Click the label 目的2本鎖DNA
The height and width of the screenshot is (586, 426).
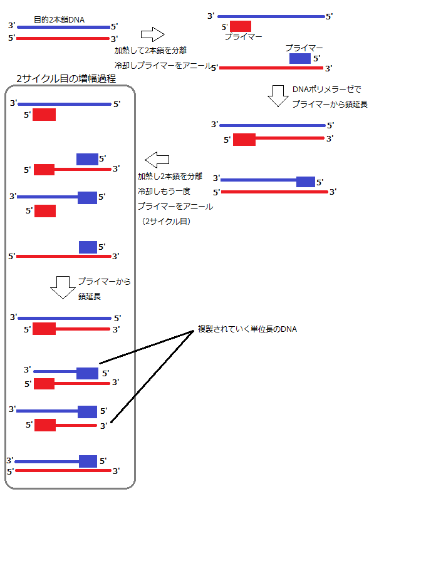tap(59, 20)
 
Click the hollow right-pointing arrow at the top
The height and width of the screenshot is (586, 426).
tap(152, 34)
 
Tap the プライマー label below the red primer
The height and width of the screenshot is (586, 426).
tap(243, 38)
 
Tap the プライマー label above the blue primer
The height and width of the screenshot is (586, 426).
tap(304, 48)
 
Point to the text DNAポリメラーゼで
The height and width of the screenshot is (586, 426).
tap(326, 89)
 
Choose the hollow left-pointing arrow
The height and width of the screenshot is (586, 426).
tap(157, 157)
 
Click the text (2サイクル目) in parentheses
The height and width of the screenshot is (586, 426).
tap(167, 221)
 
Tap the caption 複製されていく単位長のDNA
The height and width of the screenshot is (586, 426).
tap(247, 329)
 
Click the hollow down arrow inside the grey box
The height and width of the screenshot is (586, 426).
tap(62, 287)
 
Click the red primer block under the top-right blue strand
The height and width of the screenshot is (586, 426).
tap(241, 26)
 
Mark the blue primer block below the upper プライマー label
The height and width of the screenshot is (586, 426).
tap(299, 58)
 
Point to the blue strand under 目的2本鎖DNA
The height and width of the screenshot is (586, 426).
tap(63, 27)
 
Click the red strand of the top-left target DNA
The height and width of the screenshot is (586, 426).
tap(63, 38)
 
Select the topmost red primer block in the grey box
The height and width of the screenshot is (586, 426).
tap(44, 115)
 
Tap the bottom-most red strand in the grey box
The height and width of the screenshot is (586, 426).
tap(63, 470)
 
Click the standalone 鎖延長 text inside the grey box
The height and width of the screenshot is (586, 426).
tap(90, 296)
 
